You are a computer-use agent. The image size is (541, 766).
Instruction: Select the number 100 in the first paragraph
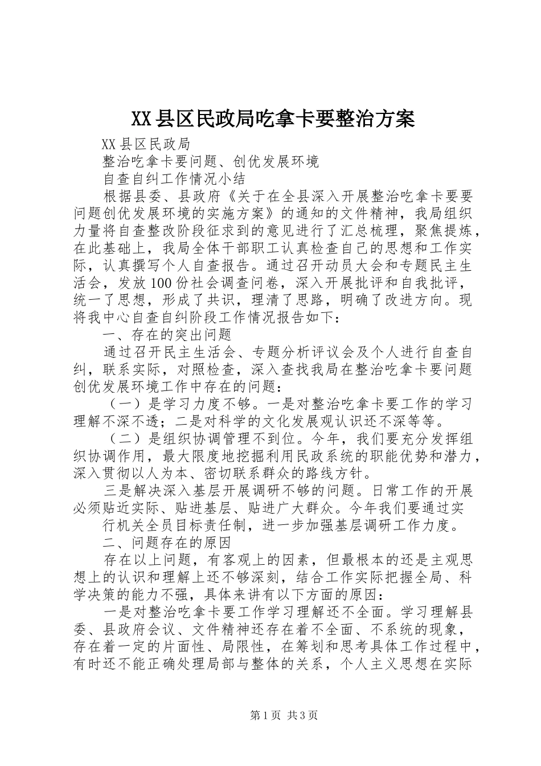pyautogui.click(x=163, y=283)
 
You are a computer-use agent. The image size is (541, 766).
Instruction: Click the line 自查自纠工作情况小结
pyautogui.click(x=173, y=178)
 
